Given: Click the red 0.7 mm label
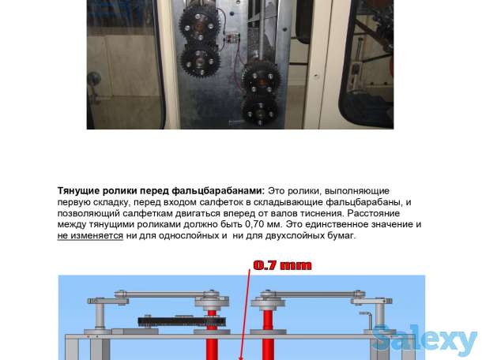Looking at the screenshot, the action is (x=282, y=265).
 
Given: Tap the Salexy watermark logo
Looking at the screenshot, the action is (x=425, y=339).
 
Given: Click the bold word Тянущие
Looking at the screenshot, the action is (x=78, y=191).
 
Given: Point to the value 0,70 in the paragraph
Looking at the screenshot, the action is (x=254, y=224).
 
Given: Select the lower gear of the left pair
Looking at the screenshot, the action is (x=199, y=60).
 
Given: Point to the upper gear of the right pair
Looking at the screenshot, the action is (x=261, y=77).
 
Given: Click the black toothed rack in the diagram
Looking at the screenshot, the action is (x=182, y=322).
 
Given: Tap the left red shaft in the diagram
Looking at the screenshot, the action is (x=212, y=335).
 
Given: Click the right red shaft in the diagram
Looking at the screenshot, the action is (x=267, y=335).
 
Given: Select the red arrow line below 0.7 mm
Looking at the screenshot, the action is (x=245, y=314).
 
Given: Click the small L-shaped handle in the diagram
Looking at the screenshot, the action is (x=367, y=322).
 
